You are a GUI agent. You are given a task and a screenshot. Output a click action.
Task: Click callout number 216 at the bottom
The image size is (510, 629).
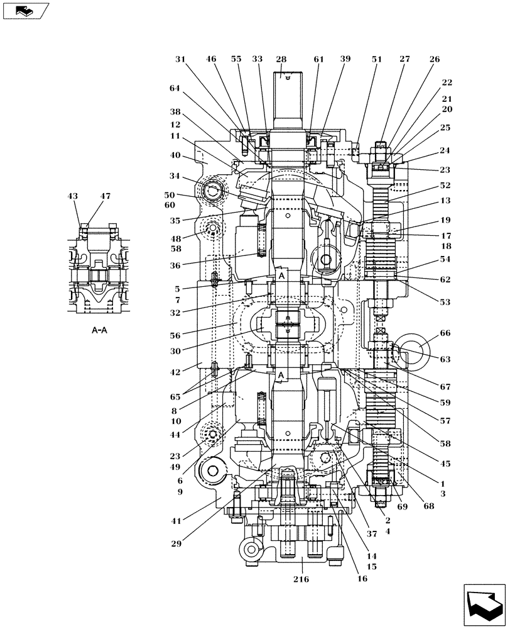click(x=301, y=579)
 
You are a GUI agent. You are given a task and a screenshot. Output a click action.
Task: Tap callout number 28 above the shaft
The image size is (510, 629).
click(x=281, y=59)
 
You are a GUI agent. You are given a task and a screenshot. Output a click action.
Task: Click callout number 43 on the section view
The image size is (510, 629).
click(x=72, y=196)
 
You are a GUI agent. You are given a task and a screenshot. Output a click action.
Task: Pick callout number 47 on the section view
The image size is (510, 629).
click(x=105, y=196)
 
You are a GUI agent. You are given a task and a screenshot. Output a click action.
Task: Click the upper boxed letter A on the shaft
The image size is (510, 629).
click(x=281, y=276)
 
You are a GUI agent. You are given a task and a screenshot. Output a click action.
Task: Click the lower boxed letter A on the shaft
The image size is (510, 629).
click(x=281, y=376)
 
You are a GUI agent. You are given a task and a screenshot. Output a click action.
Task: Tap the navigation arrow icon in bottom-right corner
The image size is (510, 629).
click(x=484, y=606)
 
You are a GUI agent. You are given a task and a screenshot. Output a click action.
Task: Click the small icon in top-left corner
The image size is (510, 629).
click(x=23, y=10)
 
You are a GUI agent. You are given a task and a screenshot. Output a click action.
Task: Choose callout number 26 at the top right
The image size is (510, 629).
click(x=435, y=59)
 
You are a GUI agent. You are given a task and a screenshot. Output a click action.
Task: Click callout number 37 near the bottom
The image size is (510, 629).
click(x=372, y=534)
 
